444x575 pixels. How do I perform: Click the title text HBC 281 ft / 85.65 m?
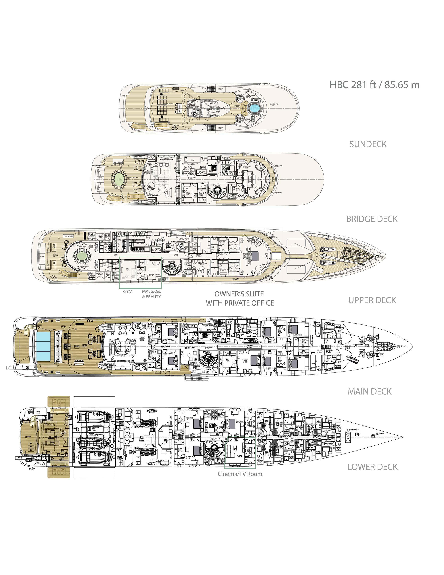click(x=374, y=85)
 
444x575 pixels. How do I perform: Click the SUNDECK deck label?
click(x=368, y=144)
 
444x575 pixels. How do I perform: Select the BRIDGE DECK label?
click(x=372, y=219)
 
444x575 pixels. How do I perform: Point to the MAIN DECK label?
click(x=369, y=391)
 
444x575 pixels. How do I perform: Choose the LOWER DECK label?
click(x=372, y=467)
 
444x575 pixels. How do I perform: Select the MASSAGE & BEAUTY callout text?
click(x=152, y=294)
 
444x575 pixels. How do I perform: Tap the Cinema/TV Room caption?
click(x=240, y=474)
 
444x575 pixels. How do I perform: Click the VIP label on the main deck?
click(x=245, y=361)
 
